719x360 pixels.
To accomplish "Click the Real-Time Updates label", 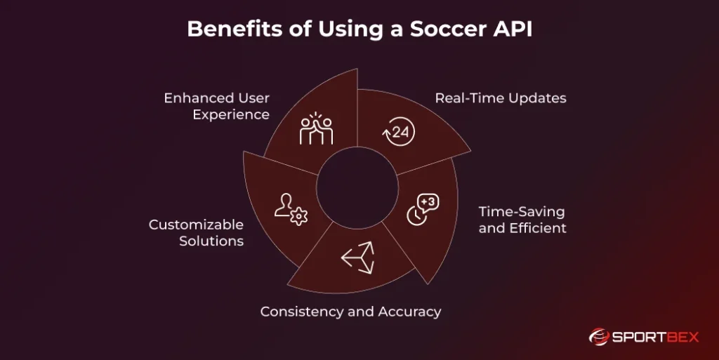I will click(500, 98).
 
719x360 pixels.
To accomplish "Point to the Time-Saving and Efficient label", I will click(522, 219).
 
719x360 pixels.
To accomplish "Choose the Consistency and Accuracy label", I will click(350, 311).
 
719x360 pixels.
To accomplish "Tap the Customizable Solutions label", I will click(196, 232).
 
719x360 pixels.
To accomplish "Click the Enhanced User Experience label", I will click(216, 106).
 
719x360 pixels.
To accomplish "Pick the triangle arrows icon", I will click(358, 258).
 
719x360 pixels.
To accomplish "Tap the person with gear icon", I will click(290, 209).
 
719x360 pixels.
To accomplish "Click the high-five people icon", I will click(316, 130).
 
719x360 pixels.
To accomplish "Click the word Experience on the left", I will click(231, 114).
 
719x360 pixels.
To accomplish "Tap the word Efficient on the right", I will click(539, 227).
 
